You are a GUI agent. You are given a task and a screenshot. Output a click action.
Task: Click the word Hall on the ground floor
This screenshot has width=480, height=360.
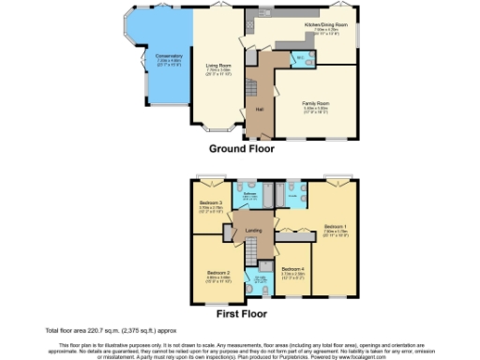click(259, 110)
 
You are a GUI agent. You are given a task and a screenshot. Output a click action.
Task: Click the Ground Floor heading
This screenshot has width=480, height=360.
click(245, 148)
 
